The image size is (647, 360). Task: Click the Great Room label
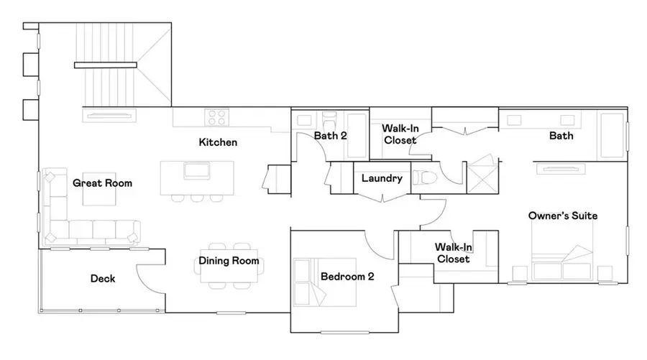pyautogui.click(x=103, y=183)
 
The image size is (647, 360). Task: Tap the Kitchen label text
pyautogui.click(x=218, y=142)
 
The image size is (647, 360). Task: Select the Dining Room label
pyautogui.click(x=229, y=261)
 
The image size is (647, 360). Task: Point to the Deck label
pyautogui.click(x=104, y=278)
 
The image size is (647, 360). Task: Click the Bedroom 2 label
pyautogui.click(x=347, y=276)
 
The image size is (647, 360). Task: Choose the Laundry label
pyautogui.click(x=382, y=178)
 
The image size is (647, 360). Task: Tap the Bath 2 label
pyautogui.click(x=331, y=135)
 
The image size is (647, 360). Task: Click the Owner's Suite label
pyautogui.click(x=563, y=216)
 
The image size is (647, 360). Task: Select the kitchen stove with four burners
pyautogui.click(x=216, y=117)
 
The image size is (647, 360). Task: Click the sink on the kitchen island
pyautogui.click(x=196, y=171)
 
